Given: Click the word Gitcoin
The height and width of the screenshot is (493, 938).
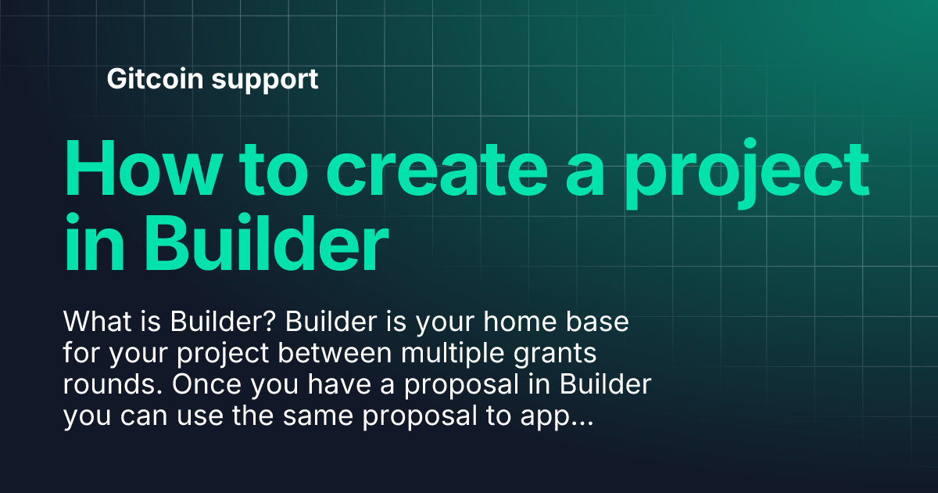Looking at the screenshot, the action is coord(155,78).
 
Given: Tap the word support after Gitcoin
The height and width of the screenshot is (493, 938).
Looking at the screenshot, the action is coord(265,81).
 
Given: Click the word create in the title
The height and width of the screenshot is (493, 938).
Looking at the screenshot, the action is coord(437,169).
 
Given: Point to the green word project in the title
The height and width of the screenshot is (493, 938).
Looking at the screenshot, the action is coord(747,173).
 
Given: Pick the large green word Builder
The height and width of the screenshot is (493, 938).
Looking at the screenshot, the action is coord(267,243).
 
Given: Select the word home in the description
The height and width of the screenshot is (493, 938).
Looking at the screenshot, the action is coord(520,322).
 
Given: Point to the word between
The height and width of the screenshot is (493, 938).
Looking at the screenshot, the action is coord(335,353).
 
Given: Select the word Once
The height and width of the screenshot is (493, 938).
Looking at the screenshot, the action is coord(206,384).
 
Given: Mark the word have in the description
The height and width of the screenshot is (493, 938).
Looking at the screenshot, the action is coord(339,384).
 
